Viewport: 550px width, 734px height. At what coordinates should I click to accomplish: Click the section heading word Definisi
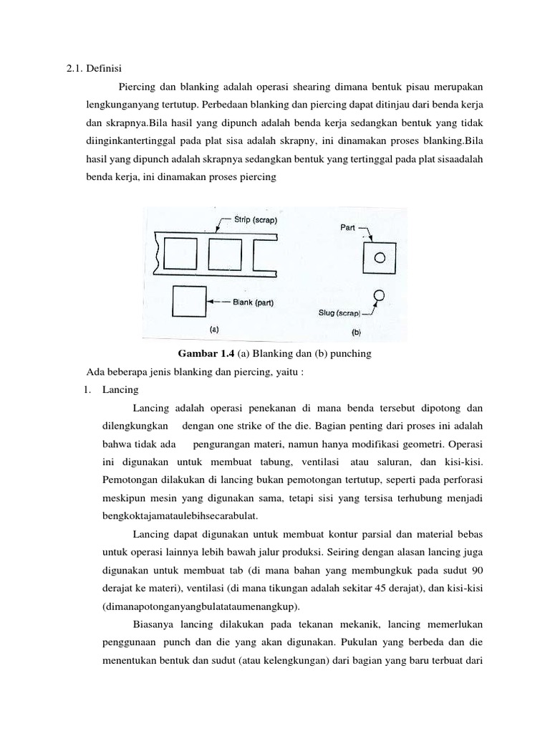point(106,69)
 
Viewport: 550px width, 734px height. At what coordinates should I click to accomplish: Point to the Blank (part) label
point(258,302)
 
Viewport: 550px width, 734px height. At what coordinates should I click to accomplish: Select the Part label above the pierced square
point(349,228)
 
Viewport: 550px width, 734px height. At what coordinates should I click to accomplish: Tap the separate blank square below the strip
point(189,302)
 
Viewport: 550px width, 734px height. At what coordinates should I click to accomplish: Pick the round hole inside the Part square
point(381,257)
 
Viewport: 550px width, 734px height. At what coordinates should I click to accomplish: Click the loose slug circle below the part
point(380,295)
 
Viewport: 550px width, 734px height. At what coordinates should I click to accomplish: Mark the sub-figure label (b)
point(357,332)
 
